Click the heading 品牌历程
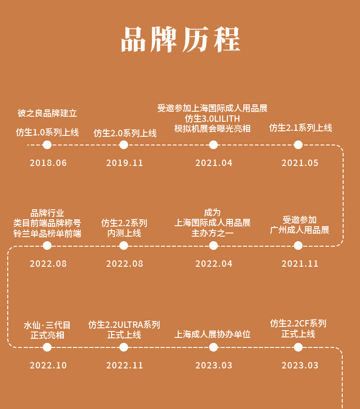(x=180, y=39)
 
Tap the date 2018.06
(x=48, y=163)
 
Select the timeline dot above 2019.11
(x=123, y=145)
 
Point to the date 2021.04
(x=214, y=163)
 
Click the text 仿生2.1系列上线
(x=301, y=128)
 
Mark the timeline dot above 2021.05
(x=298, y=145)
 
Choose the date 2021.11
(x=300, y=264)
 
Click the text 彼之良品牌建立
(x=47, y=113)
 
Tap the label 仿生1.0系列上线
(x=47, y=132)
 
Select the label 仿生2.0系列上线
(x=125, y=133)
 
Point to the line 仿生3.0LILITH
(x=212, y=119)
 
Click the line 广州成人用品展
(x=299, y=230)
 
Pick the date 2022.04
(x=214, y=264)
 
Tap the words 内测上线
(x=124, y=233)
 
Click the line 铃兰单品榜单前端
(x=47, y=233)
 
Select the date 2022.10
(x=48, y=365)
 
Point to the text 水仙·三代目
(x=47, y=325)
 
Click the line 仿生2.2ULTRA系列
(x=124, y=325)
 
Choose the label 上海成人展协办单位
(x=212, y=334)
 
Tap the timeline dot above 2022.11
(x=123, y=347)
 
